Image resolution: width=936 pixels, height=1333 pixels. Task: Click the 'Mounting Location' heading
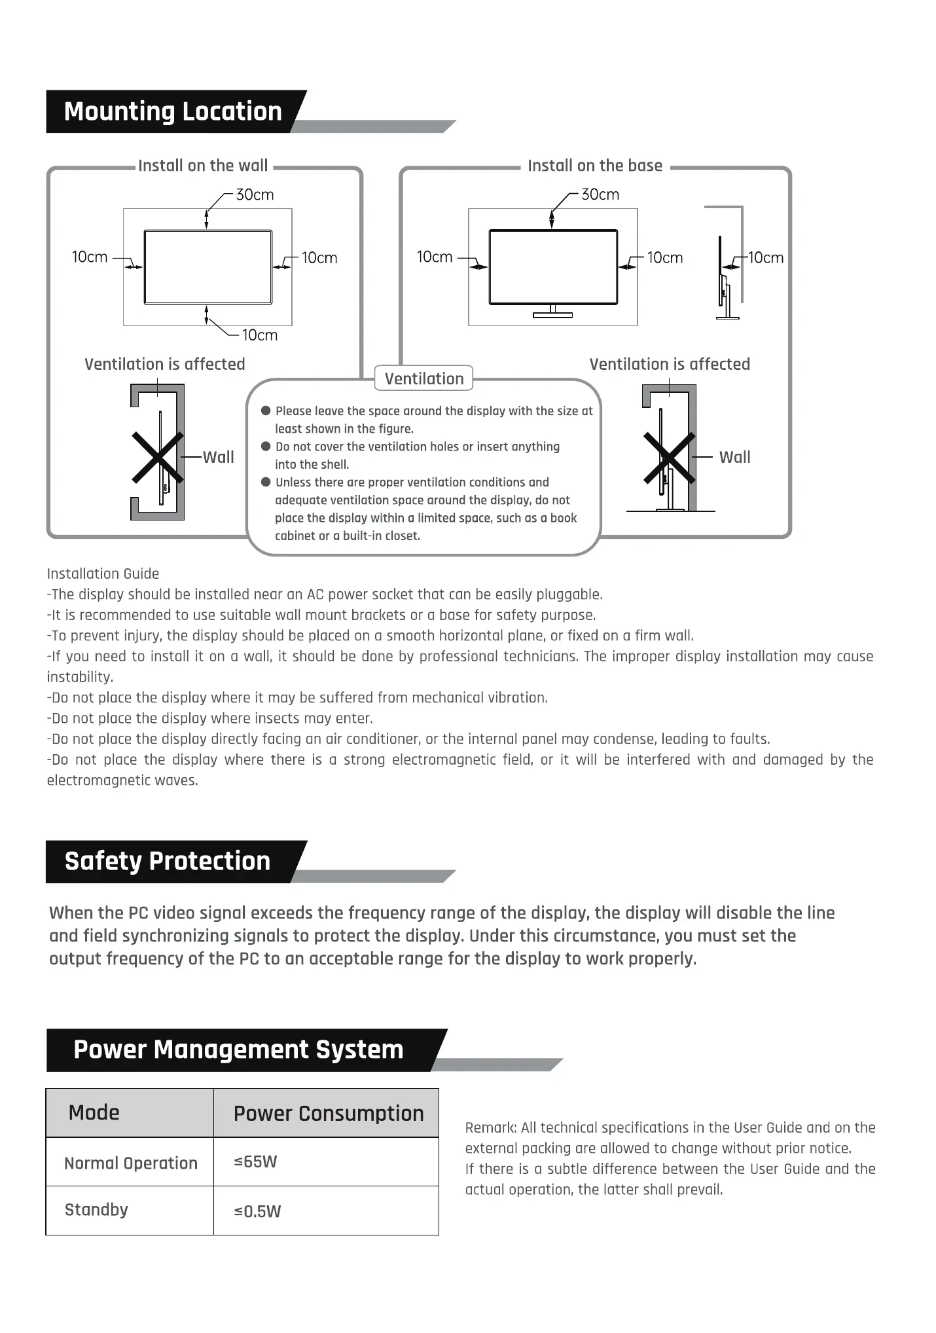tap(173, 111)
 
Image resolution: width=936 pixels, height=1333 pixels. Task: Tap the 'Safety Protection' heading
tap(167, 861)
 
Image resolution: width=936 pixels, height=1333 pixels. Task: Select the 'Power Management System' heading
tap(238, 1050)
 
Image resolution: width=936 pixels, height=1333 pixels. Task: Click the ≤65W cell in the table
tap(255, 1161)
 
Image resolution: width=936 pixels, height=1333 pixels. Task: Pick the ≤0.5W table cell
tap(257, 1211)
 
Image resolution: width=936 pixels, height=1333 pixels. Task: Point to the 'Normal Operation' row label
tap(131, 1163)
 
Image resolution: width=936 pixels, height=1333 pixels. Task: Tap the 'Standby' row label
tap(96, 1209)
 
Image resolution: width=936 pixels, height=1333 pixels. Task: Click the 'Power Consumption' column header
tap(329, 1113)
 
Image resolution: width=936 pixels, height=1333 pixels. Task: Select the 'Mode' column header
tap(94, 1112)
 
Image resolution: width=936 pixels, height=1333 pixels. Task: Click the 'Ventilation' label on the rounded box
tap(424, 378)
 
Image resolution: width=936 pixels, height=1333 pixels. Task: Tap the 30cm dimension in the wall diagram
tap(255, 194)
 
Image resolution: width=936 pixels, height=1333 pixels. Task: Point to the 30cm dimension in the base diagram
tap(600, 194)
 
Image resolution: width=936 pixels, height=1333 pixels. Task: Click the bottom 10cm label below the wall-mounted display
tap(260, 335)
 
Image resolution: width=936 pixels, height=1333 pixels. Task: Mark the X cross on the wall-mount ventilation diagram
tap(157, 457)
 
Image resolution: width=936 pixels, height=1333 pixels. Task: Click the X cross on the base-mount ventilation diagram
tap(669, 457)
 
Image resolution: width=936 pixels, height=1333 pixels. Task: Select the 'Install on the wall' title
tap(203, 166)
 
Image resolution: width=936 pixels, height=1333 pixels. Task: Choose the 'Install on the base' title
tap(595, 166)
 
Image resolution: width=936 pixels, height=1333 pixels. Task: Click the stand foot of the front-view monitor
tap(552, 315)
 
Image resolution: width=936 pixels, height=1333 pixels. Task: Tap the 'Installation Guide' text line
tap(103, 574)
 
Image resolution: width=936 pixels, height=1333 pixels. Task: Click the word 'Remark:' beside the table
tap(491, 1127)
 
